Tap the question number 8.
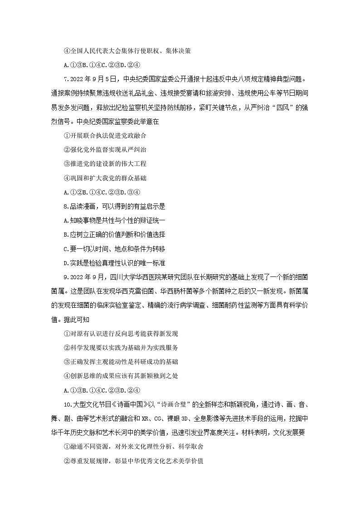[x=67, y=206]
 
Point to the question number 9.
[x=67, y=277]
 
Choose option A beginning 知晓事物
[x=115, y=220]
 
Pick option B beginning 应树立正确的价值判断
[x=115, y=234]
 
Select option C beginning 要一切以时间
[x=115, y=248]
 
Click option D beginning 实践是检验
[x=115, y=262]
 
